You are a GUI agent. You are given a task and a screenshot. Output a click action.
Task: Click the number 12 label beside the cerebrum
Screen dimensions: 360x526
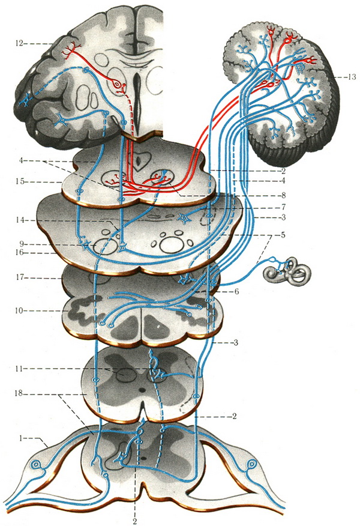(x=20, y=44)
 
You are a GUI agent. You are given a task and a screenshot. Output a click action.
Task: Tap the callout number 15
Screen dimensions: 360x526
(x=20, y=182)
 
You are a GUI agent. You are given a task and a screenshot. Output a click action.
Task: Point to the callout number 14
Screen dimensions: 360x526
(x=20, y=220)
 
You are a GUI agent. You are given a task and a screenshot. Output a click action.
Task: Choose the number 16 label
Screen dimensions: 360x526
(x=20, y=252)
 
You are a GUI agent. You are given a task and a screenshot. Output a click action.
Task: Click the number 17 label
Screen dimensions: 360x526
(x=20, y=278)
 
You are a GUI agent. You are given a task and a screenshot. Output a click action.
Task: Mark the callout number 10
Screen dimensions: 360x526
(x=20, y=310)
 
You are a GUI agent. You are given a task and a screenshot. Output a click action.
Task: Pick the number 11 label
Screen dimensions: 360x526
(x=20, y=369)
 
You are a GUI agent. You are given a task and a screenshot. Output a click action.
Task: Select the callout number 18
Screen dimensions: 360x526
(x=20, y=393)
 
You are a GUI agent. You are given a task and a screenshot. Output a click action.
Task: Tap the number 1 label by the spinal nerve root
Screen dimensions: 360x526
(x=22, y=438)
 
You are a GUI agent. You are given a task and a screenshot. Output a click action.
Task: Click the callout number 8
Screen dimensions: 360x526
(x=284, y=195)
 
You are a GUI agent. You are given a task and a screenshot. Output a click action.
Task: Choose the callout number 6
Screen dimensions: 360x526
(x=236, y=291)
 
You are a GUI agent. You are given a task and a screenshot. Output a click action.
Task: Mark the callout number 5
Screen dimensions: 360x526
(x=284, y=235)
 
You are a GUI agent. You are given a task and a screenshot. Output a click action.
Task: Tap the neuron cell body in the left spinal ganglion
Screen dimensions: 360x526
(x=35, y=465)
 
